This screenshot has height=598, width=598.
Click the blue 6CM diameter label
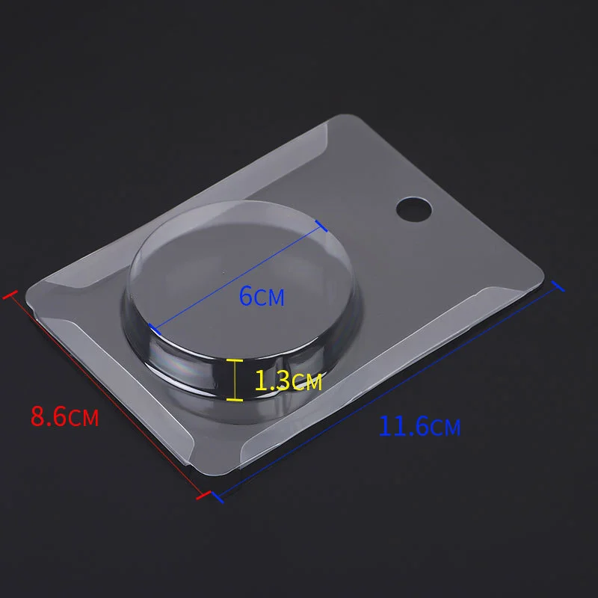pos(262,296)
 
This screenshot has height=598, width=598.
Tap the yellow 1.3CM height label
pos(288,381)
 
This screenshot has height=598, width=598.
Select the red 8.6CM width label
pos(64,416)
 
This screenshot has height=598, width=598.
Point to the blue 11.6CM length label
pos(419,427)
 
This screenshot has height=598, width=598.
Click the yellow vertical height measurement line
pos(235,380)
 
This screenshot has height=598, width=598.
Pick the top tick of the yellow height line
pos(235,360)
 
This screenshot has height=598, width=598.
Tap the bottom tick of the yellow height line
pos(235,400)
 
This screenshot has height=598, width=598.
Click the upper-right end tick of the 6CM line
pos(322,226)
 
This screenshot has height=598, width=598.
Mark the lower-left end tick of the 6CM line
pos(151,327)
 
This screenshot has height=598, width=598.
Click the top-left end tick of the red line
pos(9,295)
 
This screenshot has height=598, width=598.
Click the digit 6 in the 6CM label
pos(246,296)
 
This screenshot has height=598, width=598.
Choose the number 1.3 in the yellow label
pos(272,381)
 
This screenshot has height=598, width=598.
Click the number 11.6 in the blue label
pos(403,427)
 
